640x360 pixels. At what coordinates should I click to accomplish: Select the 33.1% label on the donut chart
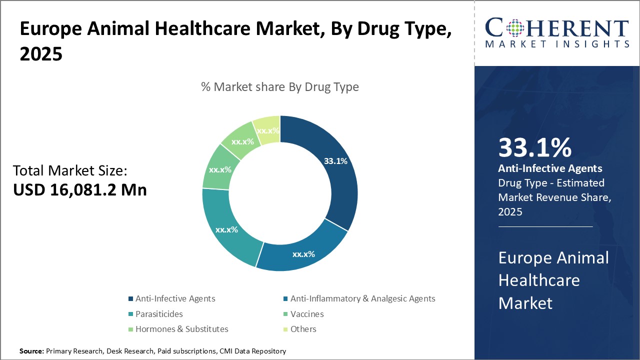click(335, 161)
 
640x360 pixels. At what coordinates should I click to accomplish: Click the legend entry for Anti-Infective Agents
click(175, 298)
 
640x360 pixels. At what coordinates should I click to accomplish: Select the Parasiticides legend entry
click(159, 314)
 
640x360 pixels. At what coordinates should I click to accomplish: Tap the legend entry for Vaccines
click(307, 314)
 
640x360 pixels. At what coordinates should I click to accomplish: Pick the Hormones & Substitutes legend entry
click(181, 329)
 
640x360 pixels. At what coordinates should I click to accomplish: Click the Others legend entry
click(303, 329)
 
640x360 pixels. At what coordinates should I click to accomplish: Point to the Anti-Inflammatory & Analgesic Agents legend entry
click(362, 298)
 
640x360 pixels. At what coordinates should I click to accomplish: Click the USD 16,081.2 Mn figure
click(80, 190)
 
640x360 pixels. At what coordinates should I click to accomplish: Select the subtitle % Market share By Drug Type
click(280, 87)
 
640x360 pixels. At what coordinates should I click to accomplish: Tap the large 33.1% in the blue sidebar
click(534, 148)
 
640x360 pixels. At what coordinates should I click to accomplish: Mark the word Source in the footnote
click(31, 351)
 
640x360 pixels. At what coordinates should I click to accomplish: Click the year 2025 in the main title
click(41, 54)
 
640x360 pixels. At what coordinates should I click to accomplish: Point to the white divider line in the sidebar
click(545, 226)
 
